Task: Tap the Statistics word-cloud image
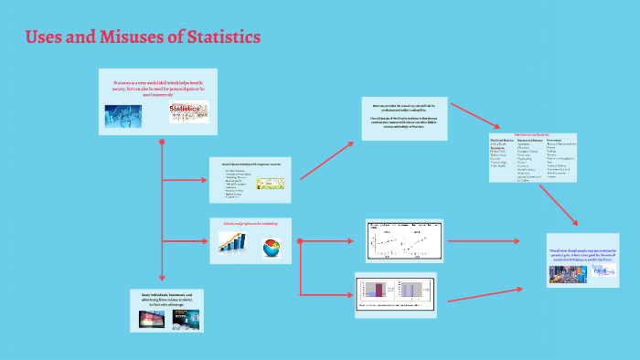tap(188, 113)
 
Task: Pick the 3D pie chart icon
tap(272, 246)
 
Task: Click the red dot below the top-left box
tap(162, 142)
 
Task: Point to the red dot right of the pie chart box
tap(301, 241)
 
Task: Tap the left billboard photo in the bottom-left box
tap(151, 319)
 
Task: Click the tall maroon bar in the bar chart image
tap(376, 290)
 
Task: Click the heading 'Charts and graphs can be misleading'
tap(251, 222)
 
